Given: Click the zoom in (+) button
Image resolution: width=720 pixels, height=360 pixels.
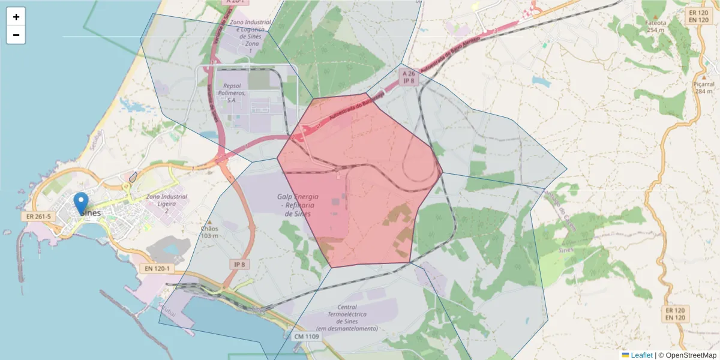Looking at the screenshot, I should pos(16,17).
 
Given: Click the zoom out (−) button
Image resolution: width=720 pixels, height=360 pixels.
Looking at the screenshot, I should pos(16,35).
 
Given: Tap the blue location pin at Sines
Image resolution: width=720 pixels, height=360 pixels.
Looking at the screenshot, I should pos(80,203).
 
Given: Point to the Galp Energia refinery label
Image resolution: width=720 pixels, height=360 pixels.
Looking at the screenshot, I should pos(298,205).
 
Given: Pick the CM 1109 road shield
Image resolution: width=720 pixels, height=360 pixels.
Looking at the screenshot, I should pos(307,337).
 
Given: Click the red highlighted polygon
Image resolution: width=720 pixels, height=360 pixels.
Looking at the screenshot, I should pos(360,180).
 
